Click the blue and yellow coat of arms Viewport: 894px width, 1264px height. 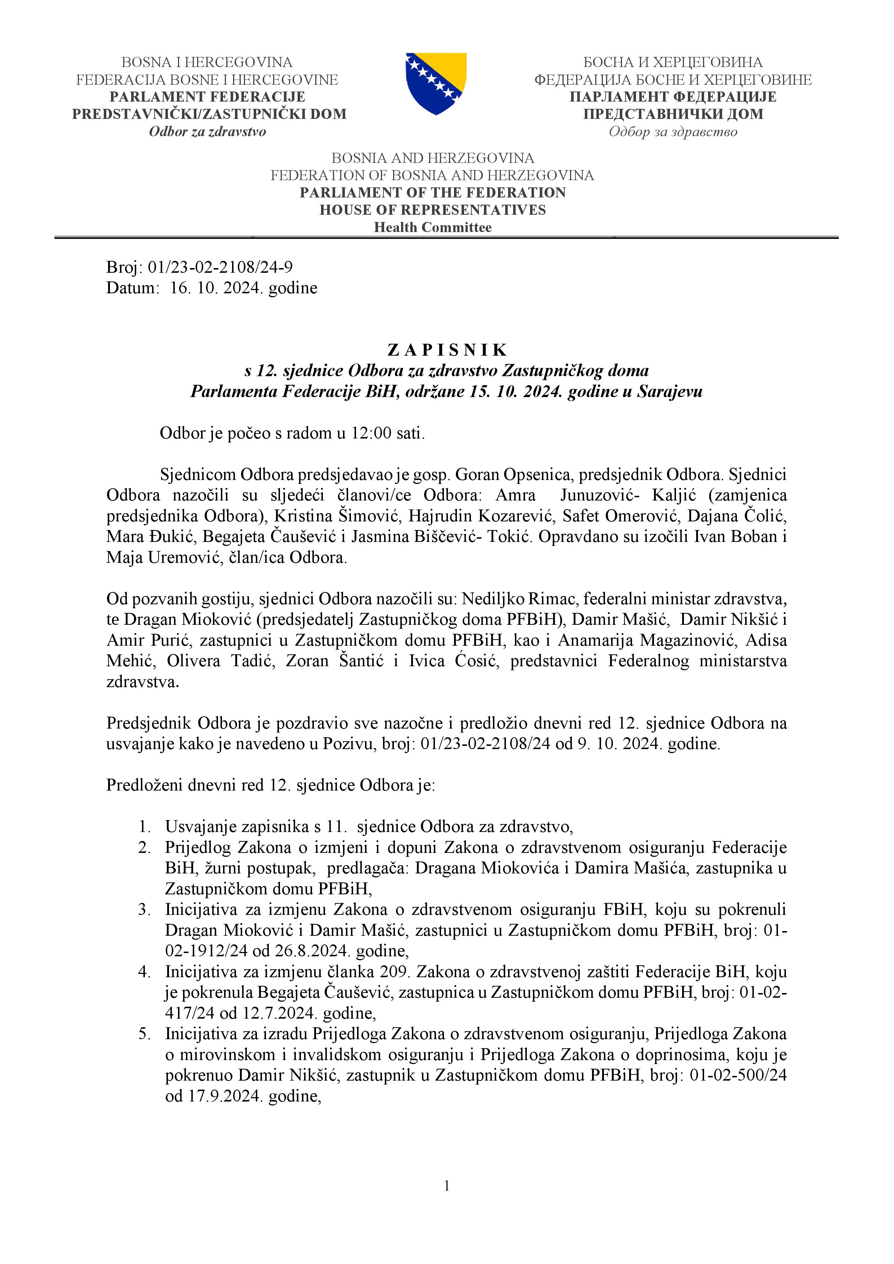click(436, 83)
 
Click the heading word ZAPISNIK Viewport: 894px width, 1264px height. click(447, 350)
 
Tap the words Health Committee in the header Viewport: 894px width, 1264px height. click(433, 227)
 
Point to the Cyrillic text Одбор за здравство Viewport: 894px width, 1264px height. click(673, 132)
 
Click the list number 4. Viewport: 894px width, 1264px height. click(144, 972)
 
